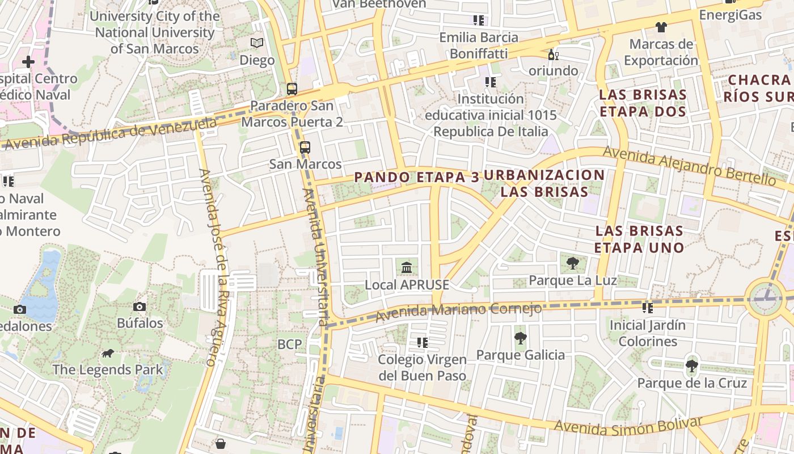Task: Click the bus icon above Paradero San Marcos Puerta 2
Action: coord(292,89)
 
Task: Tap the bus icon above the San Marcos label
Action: coord(305,148)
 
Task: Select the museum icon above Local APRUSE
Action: coord(407,267)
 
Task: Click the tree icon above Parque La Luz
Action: coord(572,263)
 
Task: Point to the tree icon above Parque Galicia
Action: coord(520,338)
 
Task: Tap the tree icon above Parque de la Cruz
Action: coord(691,365)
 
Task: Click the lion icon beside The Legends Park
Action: coord(107,354)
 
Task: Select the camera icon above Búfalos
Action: coord(140,307)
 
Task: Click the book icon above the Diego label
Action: coord(257,43)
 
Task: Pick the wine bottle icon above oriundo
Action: coord(553,54)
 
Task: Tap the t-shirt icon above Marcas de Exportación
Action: coord(661,27)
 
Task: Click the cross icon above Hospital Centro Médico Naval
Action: coord(28,61)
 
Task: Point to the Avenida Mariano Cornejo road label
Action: coord(459,310)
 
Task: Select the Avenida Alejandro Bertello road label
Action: coord(689,165)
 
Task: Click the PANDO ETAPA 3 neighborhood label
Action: coord(417,177)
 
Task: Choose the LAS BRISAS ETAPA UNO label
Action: coord(639,239)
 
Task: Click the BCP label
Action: coord(290,344)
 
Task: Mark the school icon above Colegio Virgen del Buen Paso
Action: coord(422,343)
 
